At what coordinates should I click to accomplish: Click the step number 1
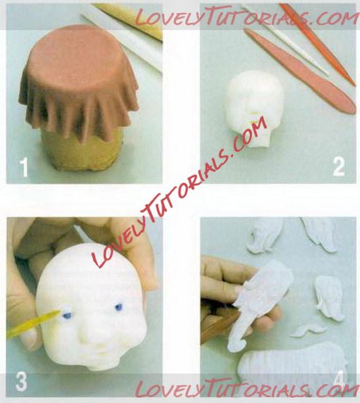click(x=24, y=167)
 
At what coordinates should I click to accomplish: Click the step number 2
click(x=338, y=167)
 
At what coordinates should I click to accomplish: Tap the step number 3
click(x=22, y=381)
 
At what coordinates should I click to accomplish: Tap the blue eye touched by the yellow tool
click(x=67, y=315)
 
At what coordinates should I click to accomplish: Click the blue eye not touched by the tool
click(x=118, y=307)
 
